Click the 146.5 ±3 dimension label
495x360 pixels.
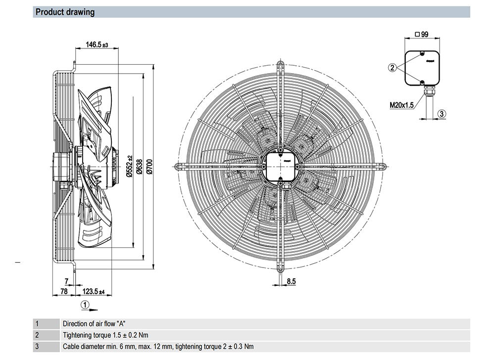coord(97,45)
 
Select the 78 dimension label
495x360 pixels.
coord(63,291)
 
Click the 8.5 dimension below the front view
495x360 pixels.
coord(291,281)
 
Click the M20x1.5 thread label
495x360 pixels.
coord(401,104)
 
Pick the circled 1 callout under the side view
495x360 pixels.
coord(86,304)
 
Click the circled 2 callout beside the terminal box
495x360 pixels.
coord(392,68)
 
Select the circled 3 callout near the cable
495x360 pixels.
coord(443,113)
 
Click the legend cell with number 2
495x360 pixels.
coord(37,335)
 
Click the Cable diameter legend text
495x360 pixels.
coord(158,347)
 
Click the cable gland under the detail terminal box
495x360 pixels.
coord(425,90)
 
